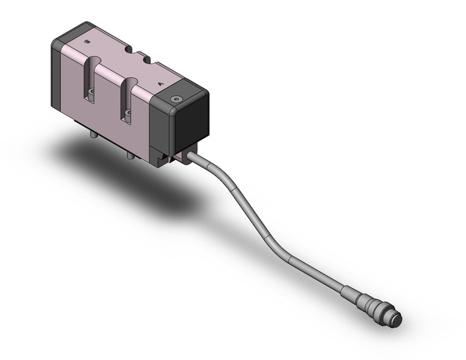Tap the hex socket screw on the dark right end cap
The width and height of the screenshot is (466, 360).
(177, 99)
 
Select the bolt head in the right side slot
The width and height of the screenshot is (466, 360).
(129, 113)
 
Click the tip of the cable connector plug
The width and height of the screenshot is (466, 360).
(397, 320)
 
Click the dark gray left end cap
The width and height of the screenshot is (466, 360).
(58, 74)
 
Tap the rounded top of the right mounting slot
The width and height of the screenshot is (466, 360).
(131, 82)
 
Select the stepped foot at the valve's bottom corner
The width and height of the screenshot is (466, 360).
(162, 161)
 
